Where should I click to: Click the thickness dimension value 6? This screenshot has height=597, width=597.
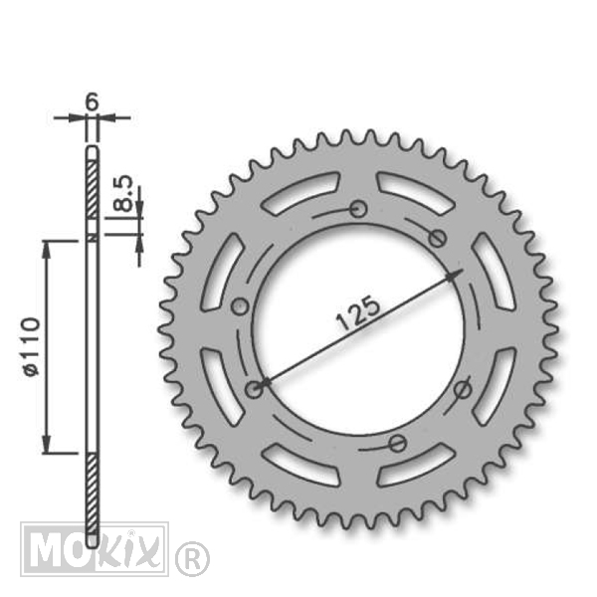(92, 101)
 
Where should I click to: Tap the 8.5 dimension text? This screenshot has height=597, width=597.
(123, 193)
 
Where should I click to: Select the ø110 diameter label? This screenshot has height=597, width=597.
(32, 346)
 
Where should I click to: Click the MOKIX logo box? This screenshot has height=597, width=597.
(95, 548)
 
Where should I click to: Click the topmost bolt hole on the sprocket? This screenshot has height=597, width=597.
(358, 209)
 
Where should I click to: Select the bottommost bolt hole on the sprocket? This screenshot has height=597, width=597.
(397, 443)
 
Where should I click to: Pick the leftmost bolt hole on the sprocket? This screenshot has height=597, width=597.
(240, 306)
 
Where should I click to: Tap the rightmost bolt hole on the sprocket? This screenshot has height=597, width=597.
(463, 389)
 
